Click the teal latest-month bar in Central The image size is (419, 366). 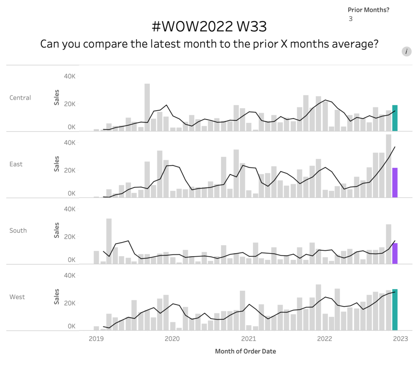395,118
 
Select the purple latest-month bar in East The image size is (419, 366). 395,183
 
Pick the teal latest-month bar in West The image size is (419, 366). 395,309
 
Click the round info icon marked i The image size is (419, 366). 406,51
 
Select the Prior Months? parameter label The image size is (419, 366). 368,10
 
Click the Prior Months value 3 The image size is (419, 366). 351,19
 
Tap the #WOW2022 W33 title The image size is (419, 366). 209,27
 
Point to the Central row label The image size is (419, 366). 20,98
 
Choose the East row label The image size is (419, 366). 16,164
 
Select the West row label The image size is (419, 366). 17,297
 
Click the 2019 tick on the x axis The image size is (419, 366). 96,339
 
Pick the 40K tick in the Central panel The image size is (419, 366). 69,76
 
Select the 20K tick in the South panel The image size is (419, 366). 69,237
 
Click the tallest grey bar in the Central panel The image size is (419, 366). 147,107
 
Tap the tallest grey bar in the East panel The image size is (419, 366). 388,166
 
